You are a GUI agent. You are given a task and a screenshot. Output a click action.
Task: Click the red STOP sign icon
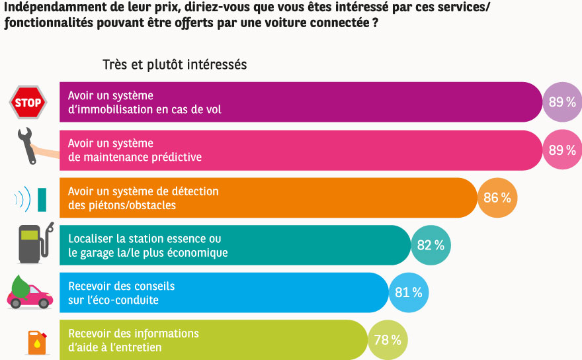28,103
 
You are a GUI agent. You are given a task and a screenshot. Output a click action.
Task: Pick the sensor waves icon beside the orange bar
30,199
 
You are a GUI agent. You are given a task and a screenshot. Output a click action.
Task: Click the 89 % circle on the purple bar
561,103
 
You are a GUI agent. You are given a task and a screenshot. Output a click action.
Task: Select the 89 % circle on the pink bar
561,150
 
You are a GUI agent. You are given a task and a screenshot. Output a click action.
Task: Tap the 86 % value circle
497,198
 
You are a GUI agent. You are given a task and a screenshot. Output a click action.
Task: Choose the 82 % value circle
431,246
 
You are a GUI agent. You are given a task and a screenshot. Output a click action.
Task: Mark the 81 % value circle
408,292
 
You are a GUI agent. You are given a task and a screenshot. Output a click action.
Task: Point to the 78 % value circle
387,340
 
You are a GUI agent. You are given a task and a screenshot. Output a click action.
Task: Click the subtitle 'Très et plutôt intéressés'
175,65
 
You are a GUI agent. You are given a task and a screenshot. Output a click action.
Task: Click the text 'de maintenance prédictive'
135,157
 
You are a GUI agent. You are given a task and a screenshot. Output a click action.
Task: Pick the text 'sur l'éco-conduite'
113,300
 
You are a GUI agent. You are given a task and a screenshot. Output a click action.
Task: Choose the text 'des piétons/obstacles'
122,205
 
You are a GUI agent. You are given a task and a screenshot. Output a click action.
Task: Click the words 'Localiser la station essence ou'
145,239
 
